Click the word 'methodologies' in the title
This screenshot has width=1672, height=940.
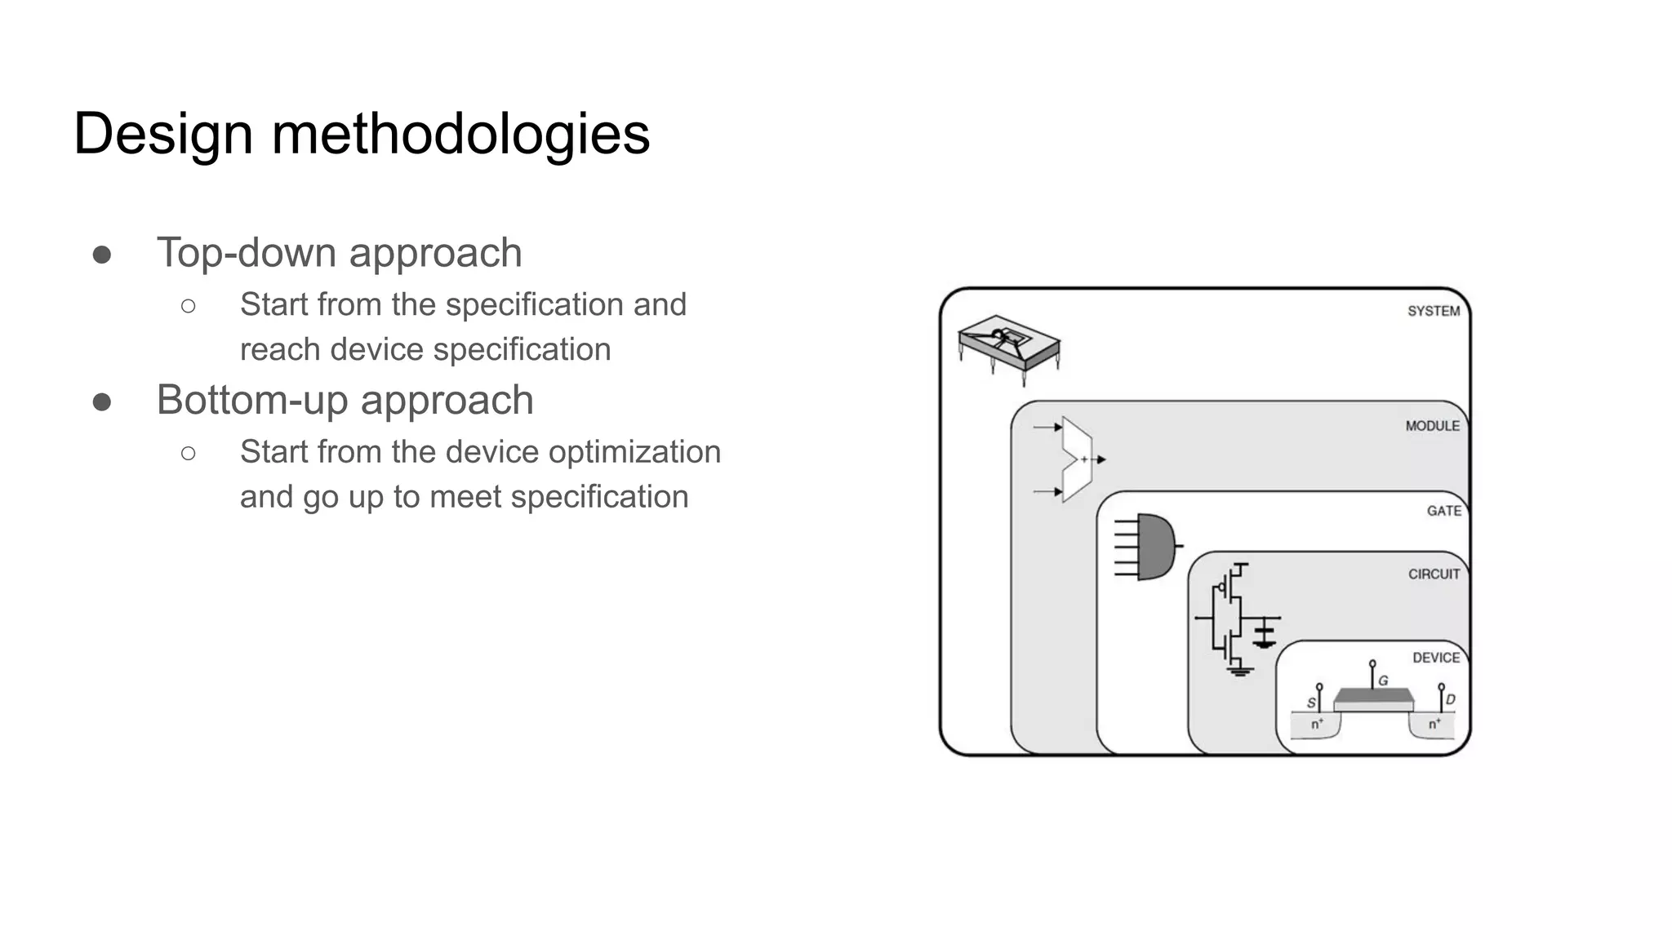point(460,134)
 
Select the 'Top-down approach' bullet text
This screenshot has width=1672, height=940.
point(339,252)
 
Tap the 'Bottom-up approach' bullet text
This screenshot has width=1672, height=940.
point(345,400)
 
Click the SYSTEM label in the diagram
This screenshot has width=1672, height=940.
point(1433,311)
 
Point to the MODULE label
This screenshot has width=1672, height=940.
point(1432,426)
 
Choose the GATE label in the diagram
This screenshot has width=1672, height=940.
point(1443,511)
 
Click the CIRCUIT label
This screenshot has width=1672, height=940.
point(1434,574)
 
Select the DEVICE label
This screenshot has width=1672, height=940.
point(1436,658)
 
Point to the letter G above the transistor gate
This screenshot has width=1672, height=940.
point(1383,681)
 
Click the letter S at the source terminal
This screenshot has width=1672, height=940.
point(1311,703)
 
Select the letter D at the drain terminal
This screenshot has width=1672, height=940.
point(1450,700)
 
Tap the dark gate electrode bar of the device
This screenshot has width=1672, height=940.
point(1373,695)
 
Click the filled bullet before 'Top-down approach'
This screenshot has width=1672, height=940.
point(102,255)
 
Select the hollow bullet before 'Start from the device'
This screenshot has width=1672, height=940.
point(189,453)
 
